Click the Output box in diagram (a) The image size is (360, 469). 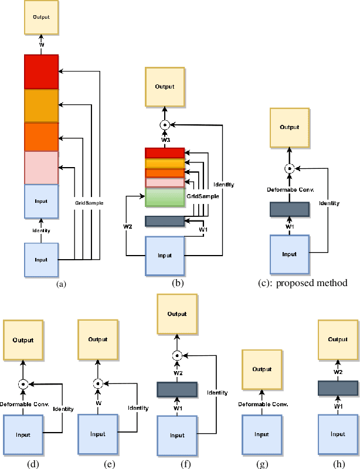(41, 17)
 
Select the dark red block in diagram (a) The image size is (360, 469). (41, 71)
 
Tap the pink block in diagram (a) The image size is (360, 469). (41, 167)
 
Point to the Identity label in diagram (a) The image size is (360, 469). (41, 230)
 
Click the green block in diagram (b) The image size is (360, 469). (165, 197)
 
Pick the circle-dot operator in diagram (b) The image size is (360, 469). (165, 124)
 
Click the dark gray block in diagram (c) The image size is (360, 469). (288, 209)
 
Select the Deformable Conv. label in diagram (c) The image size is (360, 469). (288, 189)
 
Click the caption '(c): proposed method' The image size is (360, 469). (303, 283)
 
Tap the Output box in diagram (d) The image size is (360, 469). (23, 339)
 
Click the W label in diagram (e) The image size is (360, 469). (98, 403)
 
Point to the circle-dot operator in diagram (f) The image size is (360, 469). (176, 355)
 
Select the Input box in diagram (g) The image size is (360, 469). (262, 434)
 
